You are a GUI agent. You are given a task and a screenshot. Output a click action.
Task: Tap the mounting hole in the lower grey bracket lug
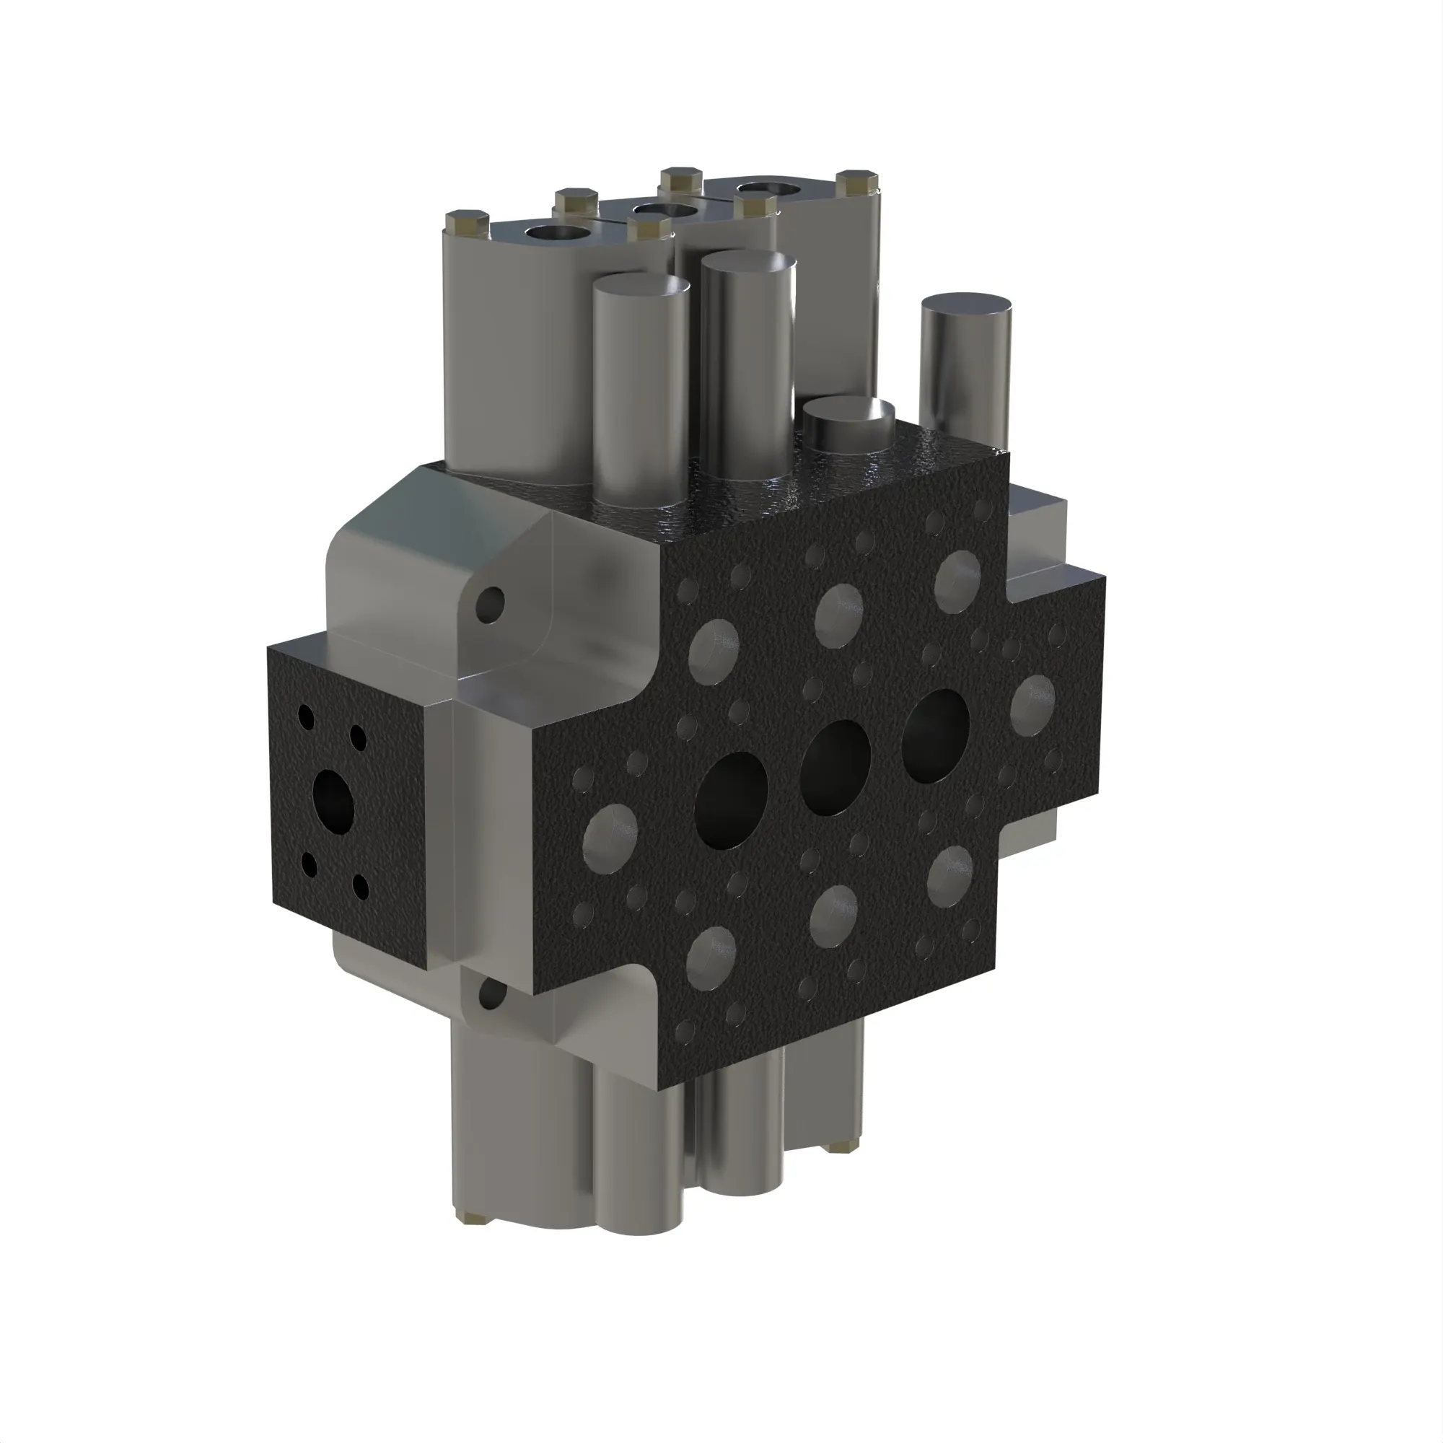(491, 994)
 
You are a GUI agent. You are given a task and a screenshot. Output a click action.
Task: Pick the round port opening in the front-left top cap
(557, 234)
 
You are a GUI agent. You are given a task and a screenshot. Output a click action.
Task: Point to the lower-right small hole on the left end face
(361, 887)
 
